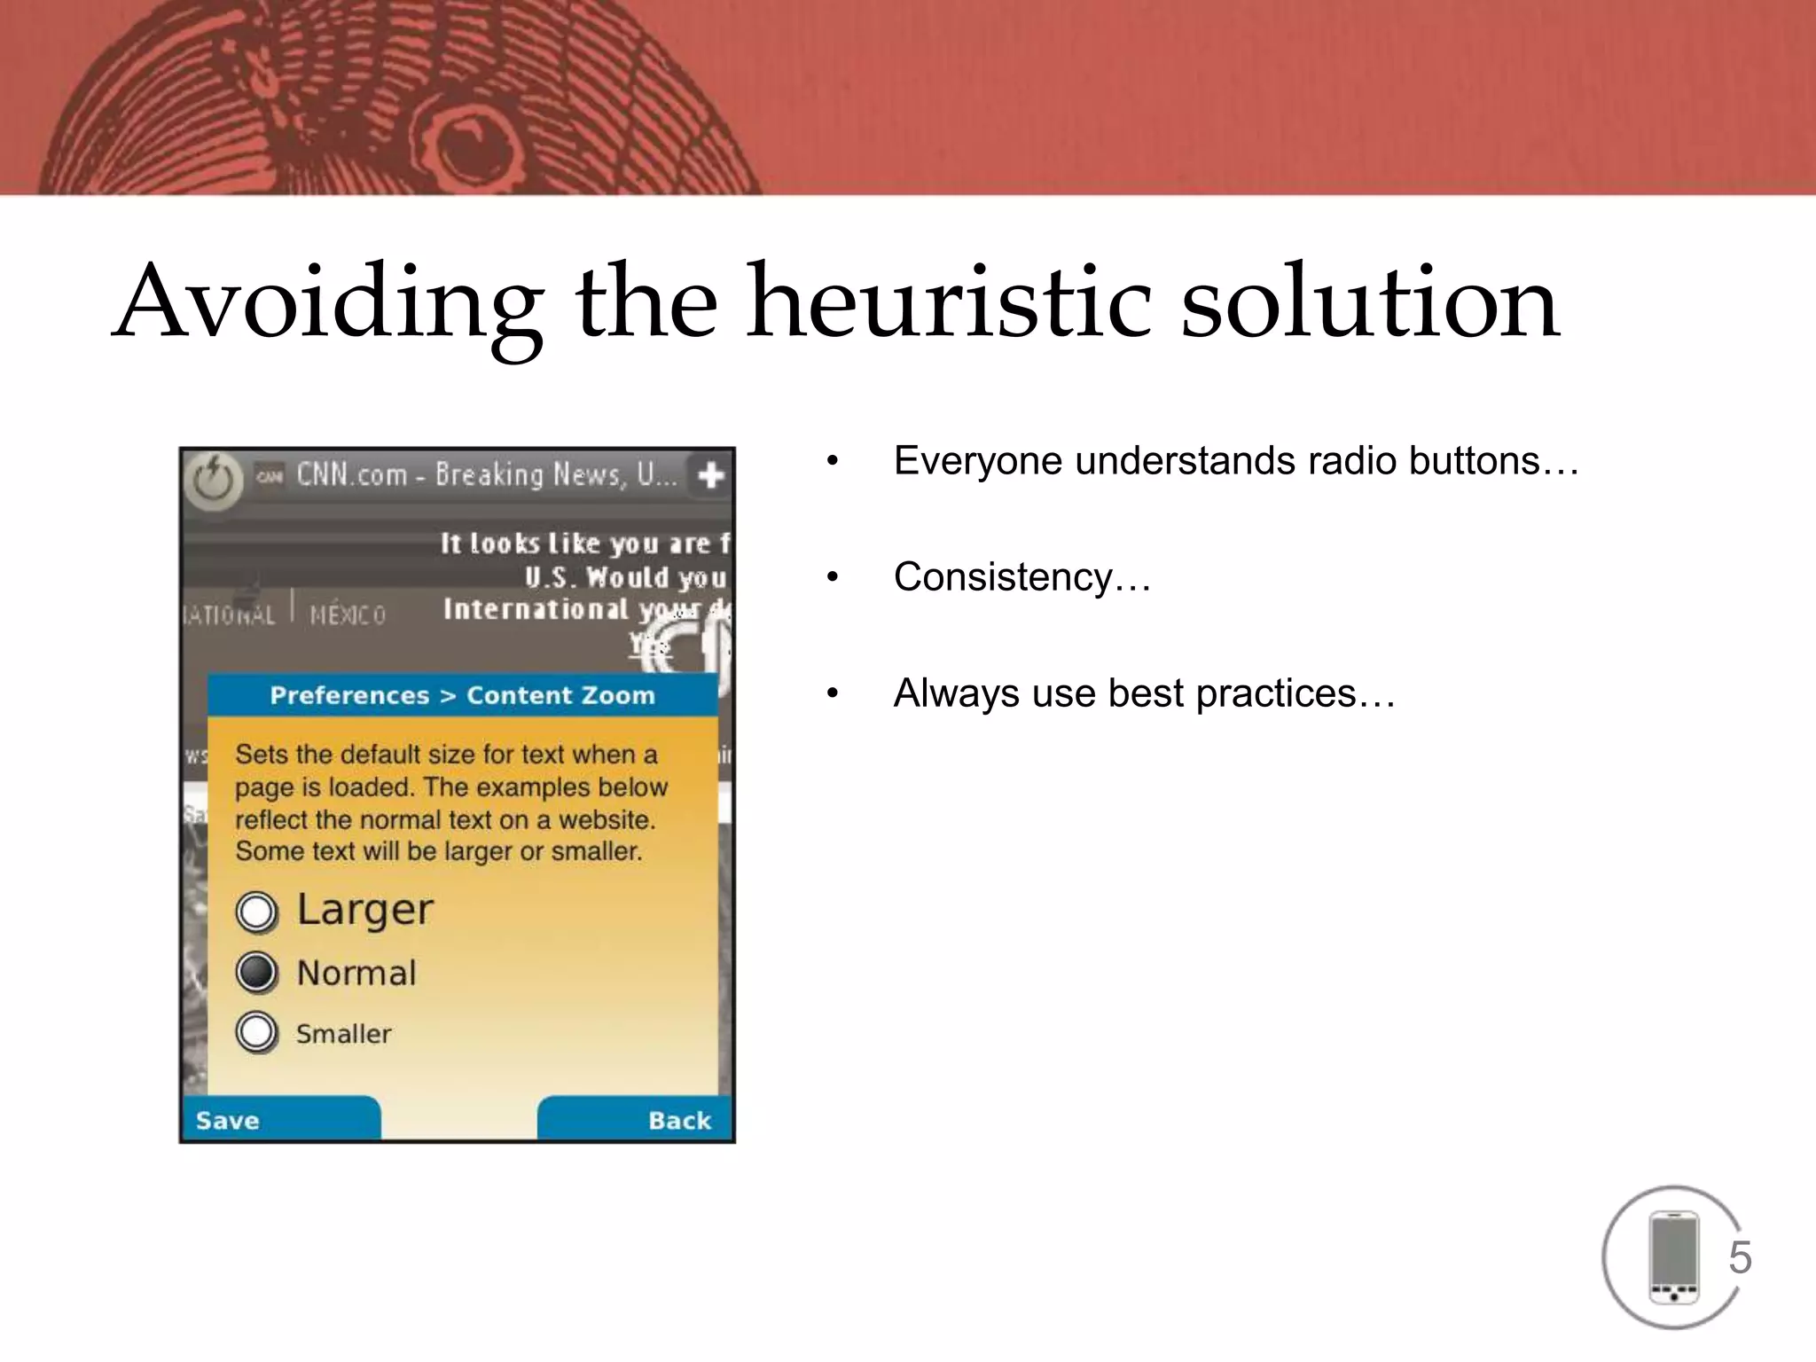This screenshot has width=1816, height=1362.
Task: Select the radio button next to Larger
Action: point(257,912)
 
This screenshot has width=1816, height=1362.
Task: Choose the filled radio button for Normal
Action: point(257,973)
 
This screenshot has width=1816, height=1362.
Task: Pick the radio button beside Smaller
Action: point(257,1032)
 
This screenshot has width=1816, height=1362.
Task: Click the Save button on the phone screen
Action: point(229,1120)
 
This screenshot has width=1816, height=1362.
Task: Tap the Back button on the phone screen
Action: point(679,1120)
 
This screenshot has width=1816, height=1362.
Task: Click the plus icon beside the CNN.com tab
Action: point(710,476)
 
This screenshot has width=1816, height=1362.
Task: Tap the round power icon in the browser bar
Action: point(213,481)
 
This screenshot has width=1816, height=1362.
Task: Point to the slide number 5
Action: point(1740,1257)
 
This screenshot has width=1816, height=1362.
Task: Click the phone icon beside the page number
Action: point(1672,1257)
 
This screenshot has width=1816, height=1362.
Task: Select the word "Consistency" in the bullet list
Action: point(1003,577)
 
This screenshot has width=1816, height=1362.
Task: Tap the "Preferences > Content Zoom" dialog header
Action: point(462,695)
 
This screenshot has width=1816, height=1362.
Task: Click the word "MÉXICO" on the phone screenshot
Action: point(348,614)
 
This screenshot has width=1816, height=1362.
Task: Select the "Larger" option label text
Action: point(364,910)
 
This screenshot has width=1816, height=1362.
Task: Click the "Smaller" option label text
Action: point(343,1034)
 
